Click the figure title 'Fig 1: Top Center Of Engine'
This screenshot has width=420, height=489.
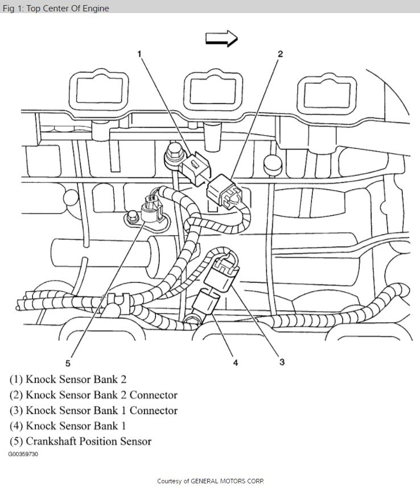click(56, 8)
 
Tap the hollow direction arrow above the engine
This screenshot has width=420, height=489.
click(221, 38)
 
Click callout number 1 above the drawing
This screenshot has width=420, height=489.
click(139, 55)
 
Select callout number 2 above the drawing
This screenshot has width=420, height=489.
click(280, 55)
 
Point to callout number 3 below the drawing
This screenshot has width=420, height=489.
click(282, 362)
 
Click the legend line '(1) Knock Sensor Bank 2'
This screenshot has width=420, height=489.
click(75, 379)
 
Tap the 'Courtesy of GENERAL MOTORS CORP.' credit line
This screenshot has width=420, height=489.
click(210, 481)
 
